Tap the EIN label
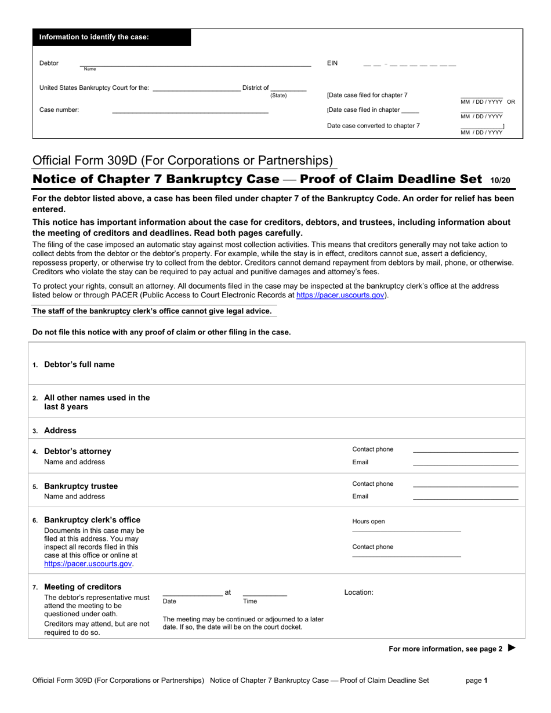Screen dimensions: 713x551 (x=332, y=63)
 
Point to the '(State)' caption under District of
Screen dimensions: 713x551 (x=278, y=96)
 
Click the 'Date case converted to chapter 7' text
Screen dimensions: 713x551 (x=374, y=126)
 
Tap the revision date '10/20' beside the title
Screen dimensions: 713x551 (x=500, y=180)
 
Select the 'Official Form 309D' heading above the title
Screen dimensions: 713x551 (x=183, y=161)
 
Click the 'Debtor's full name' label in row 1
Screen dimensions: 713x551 (x=79, y=365)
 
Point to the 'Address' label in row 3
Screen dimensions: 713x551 (x=60, y=431)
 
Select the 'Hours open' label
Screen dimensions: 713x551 (x=368, y=522)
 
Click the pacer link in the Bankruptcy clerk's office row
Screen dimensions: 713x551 (x=88, y=563)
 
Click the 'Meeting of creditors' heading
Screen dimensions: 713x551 (x=82, y=587)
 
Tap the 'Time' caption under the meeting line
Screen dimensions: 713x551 (x=249, y=602)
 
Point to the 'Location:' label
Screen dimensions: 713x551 (x=358, y=592)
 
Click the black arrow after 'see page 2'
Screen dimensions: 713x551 (x=512, y=648)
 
